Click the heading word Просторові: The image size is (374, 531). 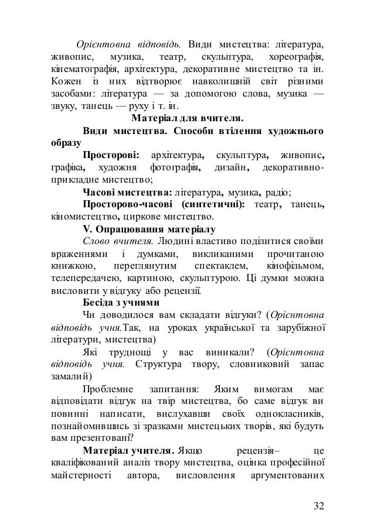click(x=111, y=156)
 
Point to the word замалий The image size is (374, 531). click(x=65, y=378)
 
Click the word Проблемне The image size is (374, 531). click(x=108, y=390)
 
